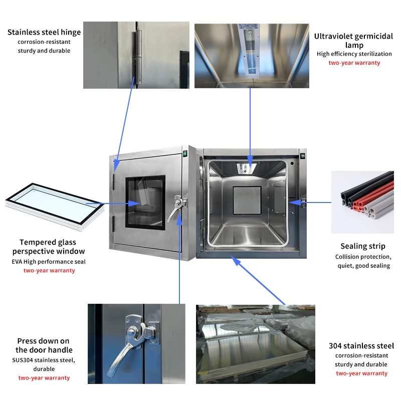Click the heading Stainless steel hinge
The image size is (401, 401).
click(x=44, y=33)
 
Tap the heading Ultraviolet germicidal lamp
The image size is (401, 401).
click(x=354, y=41)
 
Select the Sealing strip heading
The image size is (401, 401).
click(x=363, y=246)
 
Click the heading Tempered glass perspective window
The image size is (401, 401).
click(x=49, y=247)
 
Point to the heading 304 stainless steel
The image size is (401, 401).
click(x=361, y=346)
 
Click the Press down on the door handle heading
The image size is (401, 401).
click(x=44, y=345)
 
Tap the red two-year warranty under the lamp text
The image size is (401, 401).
click(x=354, y=63)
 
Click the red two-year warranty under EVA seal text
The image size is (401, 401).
click(x=49, y=271)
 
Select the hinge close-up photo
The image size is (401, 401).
click(x=136, y=55)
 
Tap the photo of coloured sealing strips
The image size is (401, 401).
click(x=362, y=202)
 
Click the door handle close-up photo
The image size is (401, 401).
click(x=136, y=343)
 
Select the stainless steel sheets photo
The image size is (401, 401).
click(x=256, y=344)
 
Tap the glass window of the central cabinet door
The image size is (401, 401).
click(x=145, y=202)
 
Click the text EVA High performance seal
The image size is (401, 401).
click(x=49, y=262)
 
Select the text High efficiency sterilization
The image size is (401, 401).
click(x=354, y=54)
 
